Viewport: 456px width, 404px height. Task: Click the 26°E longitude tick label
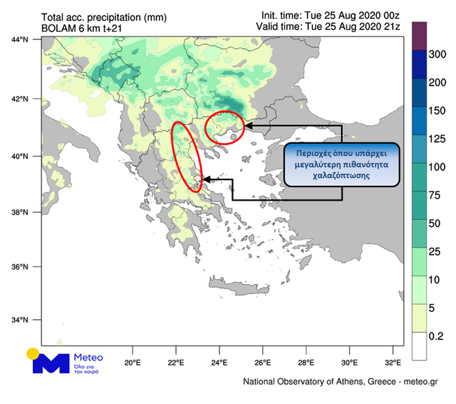pyautogui.click(x=263, y=363)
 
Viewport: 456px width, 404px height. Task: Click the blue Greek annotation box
pyautogui.click(x=342, y=164)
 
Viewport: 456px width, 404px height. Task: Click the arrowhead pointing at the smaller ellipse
pyautogui.click(x=248, y=126)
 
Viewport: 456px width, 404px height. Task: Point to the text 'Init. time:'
pyautogui.click(x=283, y=15)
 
